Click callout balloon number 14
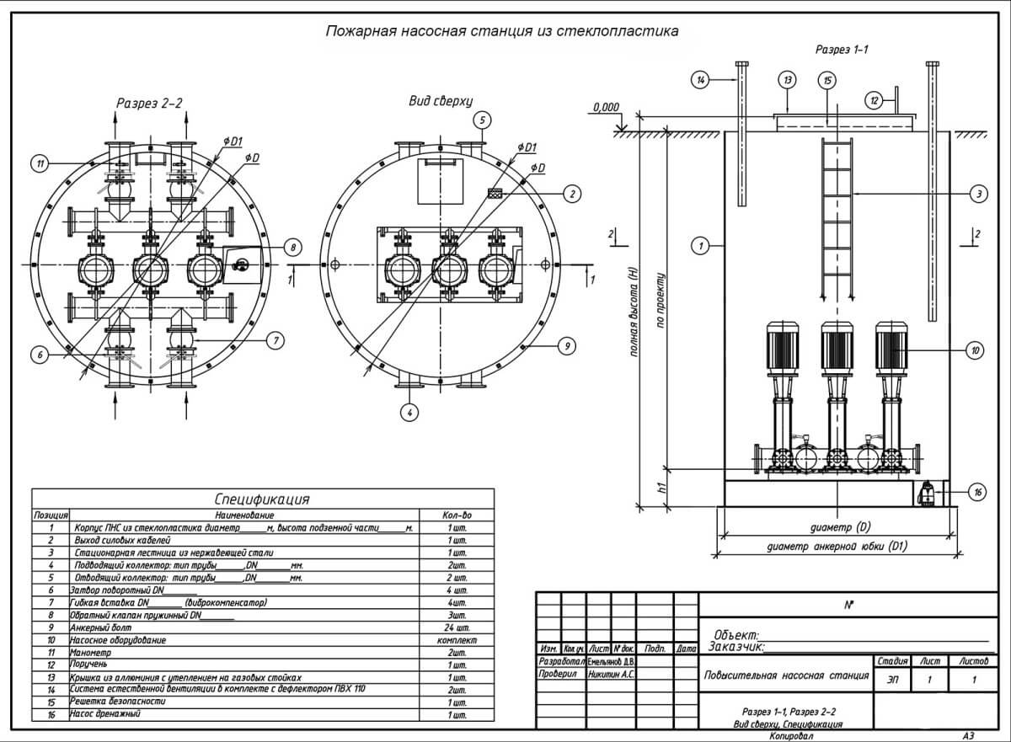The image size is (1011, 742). click(x=701, y=80)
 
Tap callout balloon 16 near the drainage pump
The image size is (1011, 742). click(x=976, y=494)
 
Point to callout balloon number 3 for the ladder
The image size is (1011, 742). click(x=977, y=195)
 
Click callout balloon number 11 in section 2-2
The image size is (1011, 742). click(x=39, y=164)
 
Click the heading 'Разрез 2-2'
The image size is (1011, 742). click(x=149, y=104)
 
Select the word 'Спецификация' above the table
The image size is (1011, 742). click(x=262, y=499)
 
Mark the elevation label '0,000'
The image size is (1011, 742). click(x=606, y=108)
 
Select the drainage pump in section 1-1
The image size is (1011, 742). click(x=925, y=493)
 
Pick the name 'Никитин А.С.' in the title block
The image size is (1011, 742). click(x=611, y=675)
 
